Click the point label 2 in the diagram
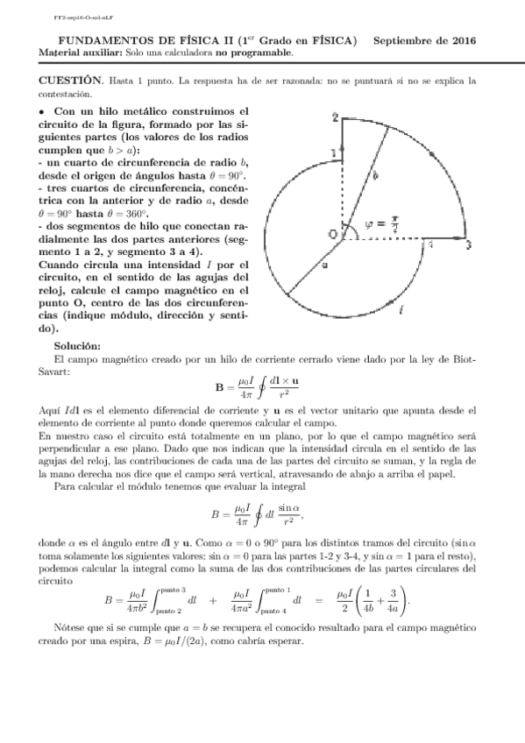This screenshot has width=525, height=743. click(x=334, y=117)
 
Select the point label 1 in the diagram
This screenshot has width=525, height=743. click(x=334, y=154)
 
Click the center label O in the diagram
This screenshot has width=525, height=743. click(x=332, y=233)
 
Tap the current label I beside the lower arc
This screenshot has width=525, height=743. click(x=401, y=309)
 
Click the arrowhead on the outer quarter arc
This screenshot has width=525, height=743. click(x=432, y=154)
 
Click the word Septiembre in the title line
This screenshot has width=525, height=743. click(x=408, y=40)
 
